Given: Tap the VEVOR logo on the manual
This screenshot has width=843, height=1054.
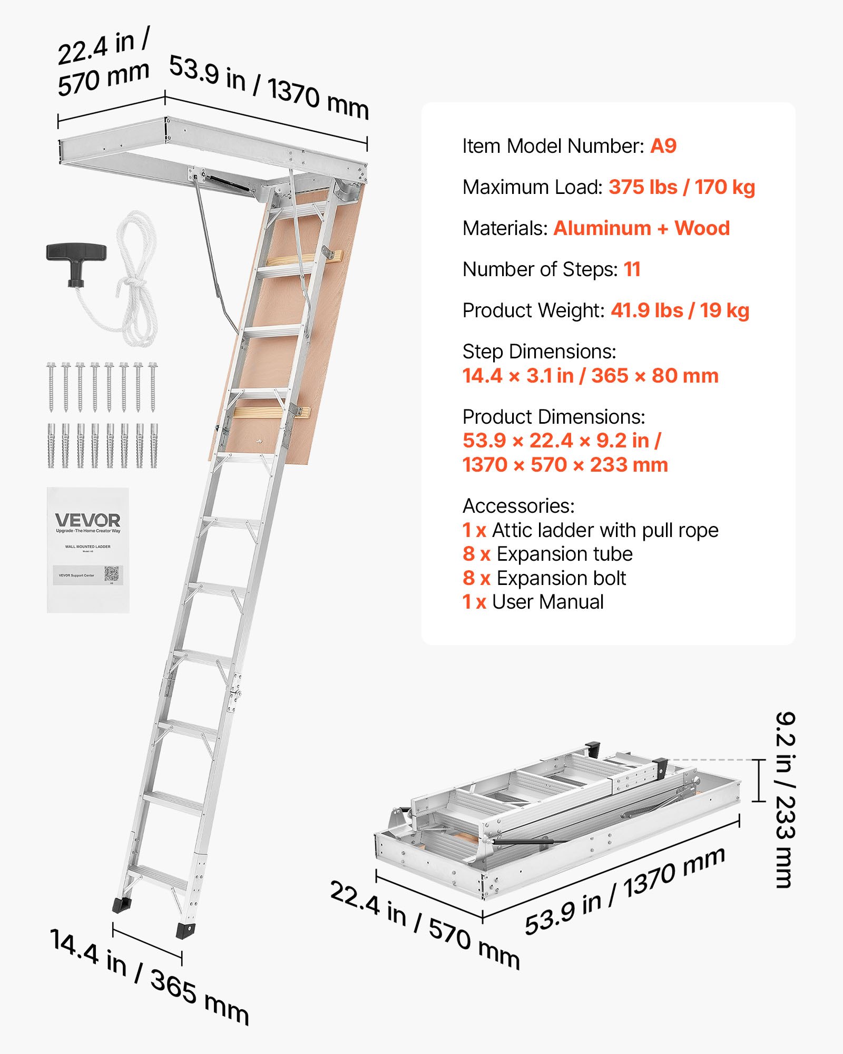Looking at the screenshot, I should point(87,521).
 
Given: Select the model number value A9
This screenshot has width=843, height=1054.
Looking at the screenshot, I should point(663,146).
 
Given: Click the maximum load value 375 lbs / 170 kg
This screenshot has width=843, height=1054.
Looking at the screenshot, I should point(682,187).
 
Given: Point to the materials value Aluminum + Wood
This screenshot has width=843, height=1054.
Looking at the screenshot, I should point(641,228).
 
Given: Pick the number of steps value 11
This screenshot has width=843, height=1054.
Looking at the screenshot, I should point(632,269).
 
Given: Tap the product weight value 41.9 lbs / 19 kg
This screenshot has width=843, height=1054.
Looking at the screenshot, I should point(680,310).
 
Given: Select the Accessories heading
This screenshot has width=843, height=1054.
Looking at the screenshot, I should point(518,506).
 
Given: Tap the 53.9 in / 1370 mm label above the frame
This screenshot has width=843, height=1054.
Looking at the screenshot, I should point(269,87).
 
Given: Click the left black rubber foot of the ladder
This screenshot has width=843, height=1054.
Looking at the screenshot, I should point(123,905).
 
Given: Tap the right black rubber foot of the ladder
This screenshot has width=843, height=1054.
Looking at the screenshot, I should point(185,931).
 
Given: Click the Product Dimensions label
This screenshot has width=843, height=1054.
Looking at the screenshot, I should point(553,417).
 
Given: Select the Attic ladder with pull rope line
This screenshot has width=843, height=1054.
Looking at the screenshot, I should point(590,530).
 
